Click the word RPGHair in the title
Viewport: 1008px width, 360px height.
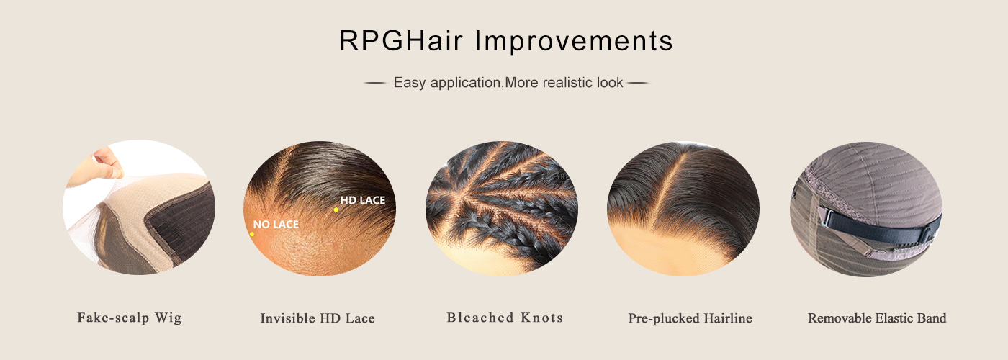(401, 40)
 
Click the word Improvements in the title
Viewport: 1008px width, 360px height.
(574, 40)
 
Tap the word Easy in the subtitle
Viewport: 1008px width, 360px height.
(410, 83)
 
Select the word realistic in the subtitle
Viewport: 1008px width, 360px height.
(567, 82)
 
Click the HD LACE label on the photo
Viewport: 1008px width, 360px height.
(363, 200)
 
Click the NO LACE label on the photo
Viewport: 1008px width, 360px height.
(276, 224)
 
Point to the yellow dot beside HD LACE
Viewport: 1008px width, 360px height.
(336, 210)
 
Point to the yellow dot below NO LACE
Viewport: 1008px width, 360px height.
(251, 234)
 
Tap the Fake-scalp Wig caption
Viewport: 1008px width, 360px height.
(130, 318)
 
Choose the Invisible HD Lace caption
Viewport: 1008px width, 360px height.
(318, 318)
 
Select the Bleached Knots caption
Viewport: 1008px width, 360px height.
(505, 318)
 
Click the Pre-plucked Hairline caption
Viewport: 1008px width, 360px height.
(690, 318)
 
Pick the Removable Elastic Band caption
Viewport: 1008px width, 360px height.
(877, 318)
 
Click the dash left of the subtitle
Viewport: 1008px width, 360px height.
(375, 84)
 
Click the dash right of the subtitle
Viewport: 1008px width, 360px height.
(639, 84)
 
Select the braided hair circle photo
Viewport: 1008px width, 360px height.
(502, 208)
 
